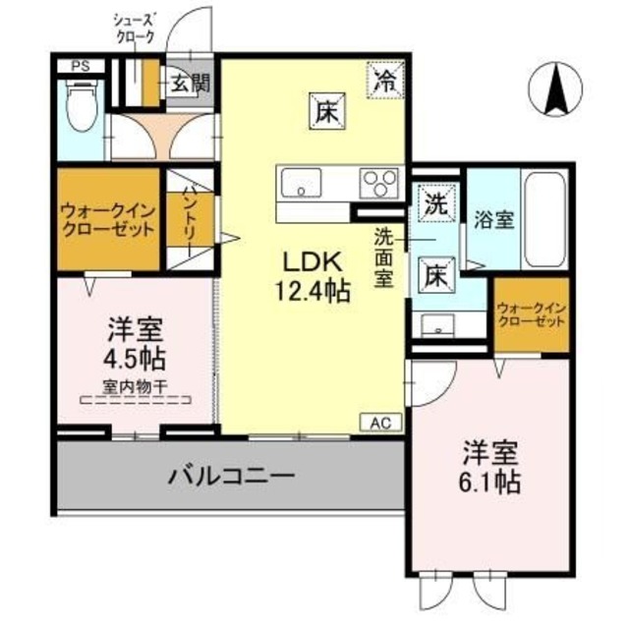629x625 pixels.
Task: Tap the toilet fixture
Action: coord(78,102)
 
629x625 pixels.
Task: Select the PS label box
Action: coord(78,66)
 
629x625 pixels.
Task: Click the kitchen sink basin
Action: coord(302,182)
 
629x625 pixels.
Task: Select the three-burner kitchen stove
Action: coord(378,182)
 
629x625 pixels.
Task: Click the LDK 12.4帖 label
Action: coord(312,276)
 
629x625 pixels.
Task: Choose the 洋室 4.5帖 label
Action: coord(135,341)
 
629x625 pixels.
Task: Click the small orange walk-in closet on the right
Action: coord(530,315)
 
